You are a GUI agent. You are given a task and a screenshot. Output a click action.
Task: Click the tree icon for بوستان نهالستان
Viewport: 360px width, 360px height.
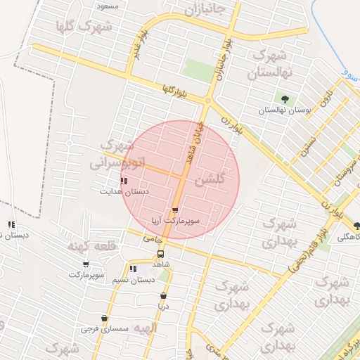(285, 99)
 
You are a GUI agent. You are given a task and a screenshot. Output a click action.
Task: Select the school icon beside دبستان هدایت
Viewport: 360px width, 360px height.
(124, 181)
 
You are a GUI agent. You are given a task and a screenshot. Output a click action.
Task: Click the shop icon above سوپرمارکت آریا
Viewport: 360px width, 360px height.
(174, 210)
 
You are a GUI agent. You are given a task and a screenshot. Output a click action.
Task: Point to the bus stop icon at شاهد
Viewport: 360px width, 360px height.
(161, 254)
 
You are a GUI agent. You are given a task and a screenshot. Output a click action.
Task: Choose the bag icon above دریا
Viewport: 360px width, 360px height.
(164, 296)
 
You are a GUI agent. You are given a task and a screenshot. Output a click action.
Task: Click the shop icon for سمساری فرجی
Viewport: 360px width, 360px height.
(104, 319)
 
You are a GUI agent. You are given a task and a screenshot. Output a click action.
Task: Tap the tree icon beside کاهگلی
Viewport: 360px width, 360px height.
(357, 226)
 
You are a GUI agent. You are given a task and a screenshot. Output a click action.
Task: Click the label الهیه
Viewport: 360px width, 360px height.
(146, 328)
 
